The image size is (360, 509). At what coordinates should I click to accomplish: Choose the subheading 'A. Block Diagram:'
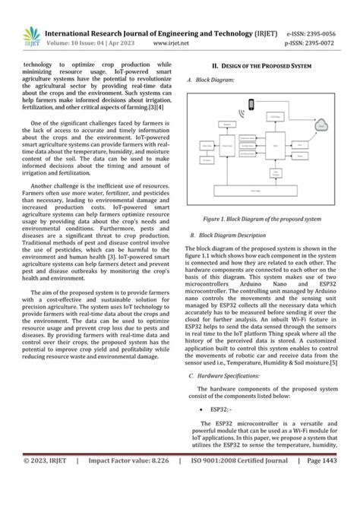pyautogui.click(x=210, y=79)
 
